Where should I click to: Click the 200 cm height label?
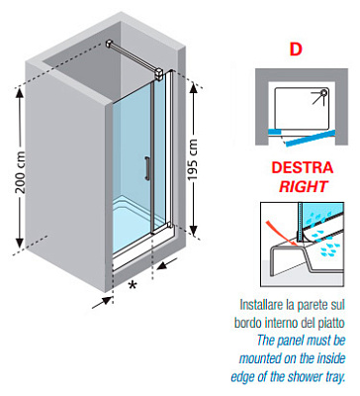(21, 172)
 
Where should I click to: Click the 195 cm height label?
(192, 159)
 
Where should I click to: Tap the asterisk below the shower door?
(133, 285)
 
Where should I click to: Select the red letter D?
(296, 49)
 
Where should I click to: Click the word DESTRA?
(302, 167)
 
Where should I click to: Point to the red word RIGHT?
(303, 186)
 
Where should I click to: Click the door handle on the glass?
(146, 168)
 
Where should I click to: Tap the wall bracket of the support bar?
(110, 44)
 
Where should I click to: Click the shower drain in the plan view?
(324, 92)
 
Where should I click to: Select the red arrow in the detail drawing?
(281, 233)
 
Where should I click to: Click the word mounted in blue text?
(258, 358)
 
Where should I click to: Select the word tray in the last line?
(335, 376)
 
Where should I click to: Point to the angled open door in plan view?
(310, 139)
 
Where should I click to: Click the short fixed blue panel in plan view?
(274, 132)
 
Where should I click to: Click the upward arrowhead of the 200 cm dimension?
(20, 93)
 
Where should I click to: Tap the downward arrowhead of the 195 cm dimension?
(194, 230)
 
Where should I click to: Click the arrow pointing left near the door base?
(167, 264)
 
